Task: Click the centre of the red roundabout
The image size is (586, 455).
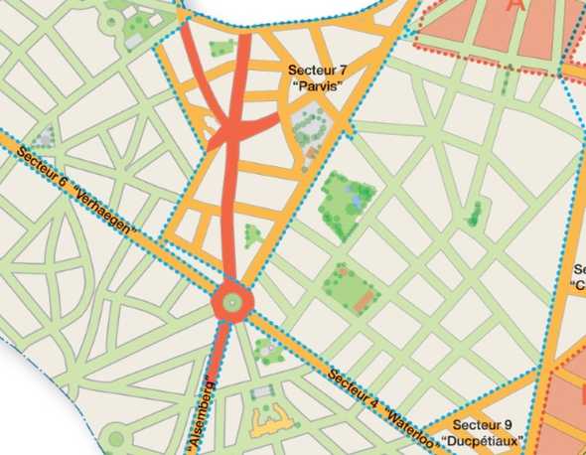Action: [x=231, y=300]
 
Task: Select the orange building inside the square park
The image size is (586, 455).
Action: [x=368, y=296]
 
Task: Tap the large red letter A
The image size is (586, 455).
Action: [x=513, y=6]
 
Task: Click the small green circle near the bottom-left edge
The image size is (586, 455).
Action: [x=116, y=438]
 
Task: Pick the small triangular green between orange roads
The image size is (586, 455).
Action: [x=252, y=234]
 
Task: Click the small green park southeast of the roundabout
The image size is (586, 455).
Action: [x=266, y=349]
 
